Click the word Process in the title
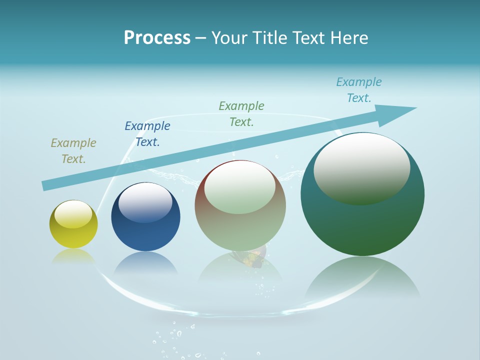157,38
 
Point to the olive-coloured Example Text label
73,151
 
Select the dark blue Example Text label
147,134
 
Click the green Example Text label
241,114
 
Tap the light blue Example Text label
359,90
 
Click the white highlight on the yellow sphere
73,213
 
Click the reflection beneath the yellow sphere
73,256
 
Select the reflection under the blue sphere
145,263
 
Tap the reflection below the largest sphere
362,277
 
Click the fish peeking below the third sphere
253,257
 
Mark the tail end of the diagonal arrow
45,186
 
